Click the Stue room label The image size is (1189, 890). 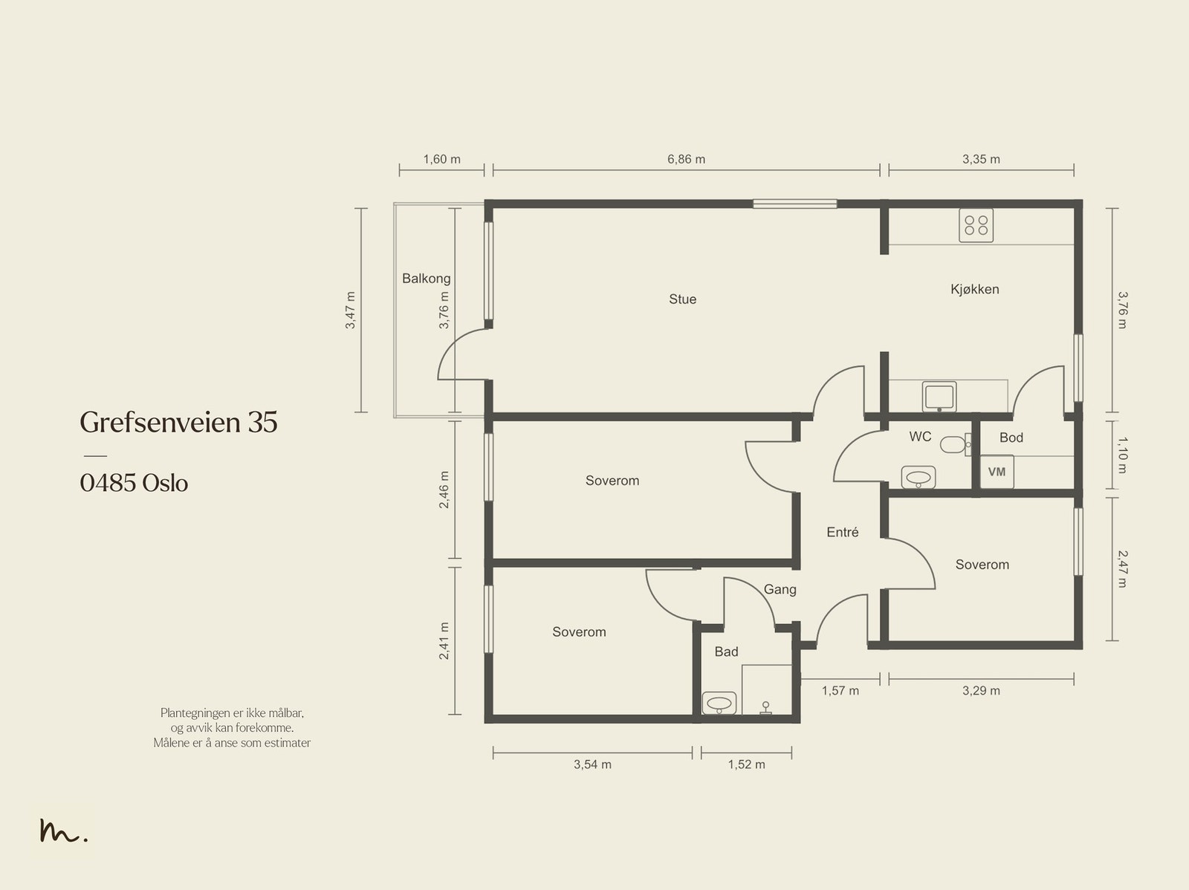click(x=682, y=299)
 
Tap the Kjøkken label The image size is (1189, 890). click(x=974, y=289)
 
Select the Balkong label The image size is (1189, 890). click(x=427, y=279)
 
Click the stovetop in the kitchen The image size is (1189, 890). click(x=976, y=225)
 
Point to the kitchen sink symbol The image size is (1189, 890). click(x=939, y=397)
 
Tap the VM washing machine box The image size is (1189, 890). click(x=997, y=472)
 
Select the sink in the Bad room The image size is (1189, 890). click(x=719, y=704)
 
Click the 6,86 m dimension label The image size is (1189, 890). click(x=687, y=159)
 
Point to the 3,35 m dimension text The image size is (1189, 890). click(x=981, y=159)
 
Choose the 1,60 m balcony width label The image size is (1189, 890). click(x=441, y=159)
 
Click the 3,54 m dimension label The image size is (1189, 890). click(x=592, y=764)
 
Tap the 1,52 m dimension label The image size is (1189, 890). click(x=746, y=764)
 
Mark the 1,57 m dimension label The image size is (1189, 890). click(x=840, y=691)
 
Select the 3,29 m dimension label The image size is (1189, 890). click(x=981, y=691)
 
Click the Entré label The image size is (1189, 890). click(x=842, y=532)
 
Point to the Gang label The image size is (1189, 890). click(x=780, y=589)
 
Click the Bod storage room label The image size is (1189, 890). click(x=1011, y=438)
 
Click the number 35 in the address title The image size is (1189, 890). click(x=263, y=422)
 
